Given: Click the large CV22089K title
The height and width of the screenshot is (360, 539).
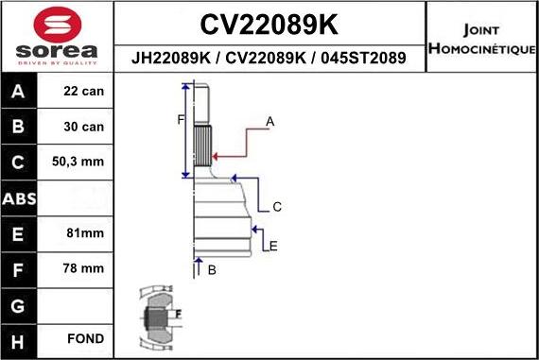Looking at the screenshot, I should point(269,24).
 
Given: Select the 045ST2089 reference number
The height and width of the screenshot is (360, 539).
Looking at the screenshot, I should point(362,58).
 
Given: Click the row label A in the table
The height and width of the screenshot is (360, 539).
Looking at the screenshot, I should point(20,93).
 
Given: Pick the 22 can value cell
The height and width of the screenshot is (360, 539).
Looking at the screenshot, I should point(84,93).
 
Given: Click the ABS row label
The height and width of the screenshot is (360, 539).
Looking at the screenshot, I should point(20,198).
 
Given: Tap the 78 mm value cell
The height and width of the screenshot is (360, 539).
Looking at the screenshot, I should point(84,268).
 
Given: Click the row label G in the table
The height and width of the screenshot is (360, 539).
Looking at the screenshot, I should point(20,304).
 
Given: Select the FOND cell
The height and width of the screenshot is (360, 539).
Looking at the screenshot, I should point(84,338).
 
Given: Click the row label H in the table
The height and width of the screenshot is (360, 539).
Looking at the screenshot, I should point(20,338).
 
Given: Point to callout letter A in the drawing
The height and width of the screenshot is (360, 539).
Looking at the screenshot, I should point(269,121).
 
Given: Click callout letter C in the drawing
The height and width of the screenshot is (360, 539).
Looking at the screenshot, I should point(277,207).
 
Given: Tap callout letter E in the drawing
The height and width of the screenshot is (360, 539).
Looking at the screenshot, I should point(273,247).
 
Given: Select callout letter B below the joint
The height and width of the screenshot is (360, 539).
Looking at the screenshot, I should point(212,270).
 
